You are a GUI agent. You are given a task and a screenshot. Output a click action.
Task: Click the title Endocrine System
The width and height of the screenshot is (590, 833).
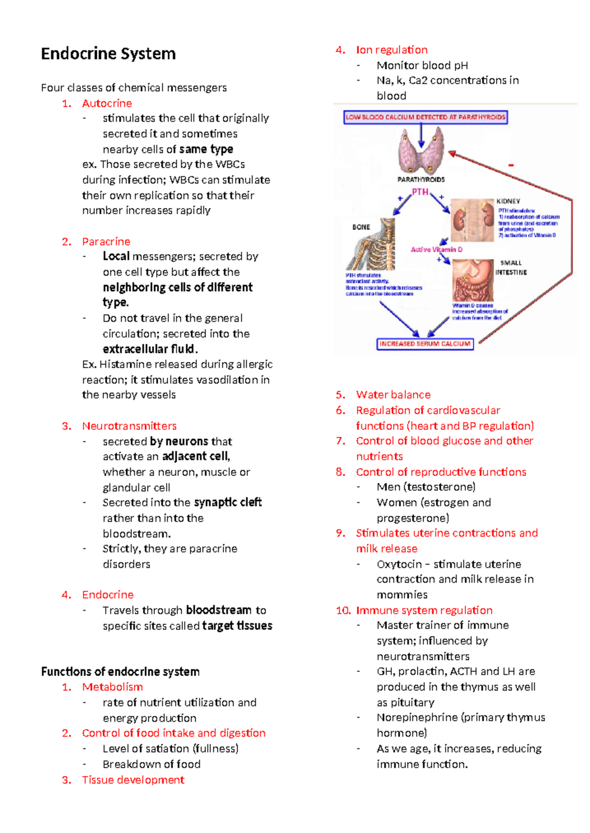click(108, 53)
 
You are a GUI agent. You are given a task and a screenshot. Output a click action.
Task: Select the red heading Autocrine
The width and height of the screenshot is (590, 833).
click(107, 103)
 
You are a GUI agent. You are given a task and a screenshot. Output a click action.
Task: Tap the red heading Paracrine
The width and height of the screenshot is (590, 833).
click(106, 241)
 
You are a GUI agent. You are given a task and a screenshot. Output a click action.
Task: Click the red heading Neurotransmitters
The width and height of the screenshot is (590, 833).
click(129, 426)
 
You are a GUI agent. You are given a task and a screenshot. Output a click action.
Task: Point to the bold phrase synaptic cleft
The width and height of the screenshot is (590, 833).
click(228, 502)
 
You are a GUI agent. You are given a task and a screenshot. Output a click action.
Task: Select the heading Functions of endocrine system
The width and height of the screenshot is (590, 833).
click(120, 671)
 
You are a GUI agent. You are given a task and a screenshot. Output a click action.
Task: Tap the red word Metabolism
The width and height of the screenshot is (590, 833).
click(112, 687)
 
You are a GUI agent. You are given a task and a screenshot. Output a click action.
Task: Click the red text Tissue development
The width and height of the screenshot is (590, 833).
click(133, 779)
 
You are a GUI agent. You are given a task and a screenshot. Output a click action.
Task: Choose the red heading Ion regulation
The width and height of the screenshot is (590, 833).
click(391, 50)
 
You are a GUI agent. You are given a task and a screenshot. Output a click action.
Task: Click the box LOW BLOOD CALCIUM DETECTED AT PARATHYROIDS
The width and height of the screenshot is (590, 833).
click(425, 117)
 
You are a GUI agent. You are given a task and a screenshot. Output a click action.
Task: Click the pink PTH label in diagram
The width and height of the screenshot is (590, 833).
click(420, 192)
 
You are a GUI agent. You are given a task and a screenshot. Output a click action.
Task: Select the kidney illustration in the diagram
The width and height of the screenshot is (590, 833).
click(472, 219)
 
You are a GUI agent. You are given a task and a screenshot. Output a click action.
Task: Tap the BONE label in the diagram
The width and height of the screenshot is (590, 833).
click(361, 227)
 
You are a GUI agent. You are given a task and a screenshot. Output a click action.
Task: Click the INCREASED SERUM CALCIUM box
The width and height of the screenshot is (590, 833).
click(425, 344)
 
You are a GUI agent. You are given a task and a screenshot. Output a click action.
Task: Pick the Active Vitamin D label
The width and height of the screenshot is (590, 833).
click(436, 249)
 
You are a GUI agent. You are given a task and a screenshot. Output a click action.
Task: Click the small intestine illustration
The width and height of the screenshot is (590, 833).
click(472, 280)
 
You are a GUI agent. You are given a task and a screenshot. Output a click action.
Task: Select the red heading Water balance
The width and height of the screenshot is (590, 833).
click(393, 394)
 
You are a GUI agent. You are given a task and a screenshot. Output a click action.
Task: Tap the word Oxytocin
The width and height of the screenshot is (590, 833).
click(399, 564)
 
